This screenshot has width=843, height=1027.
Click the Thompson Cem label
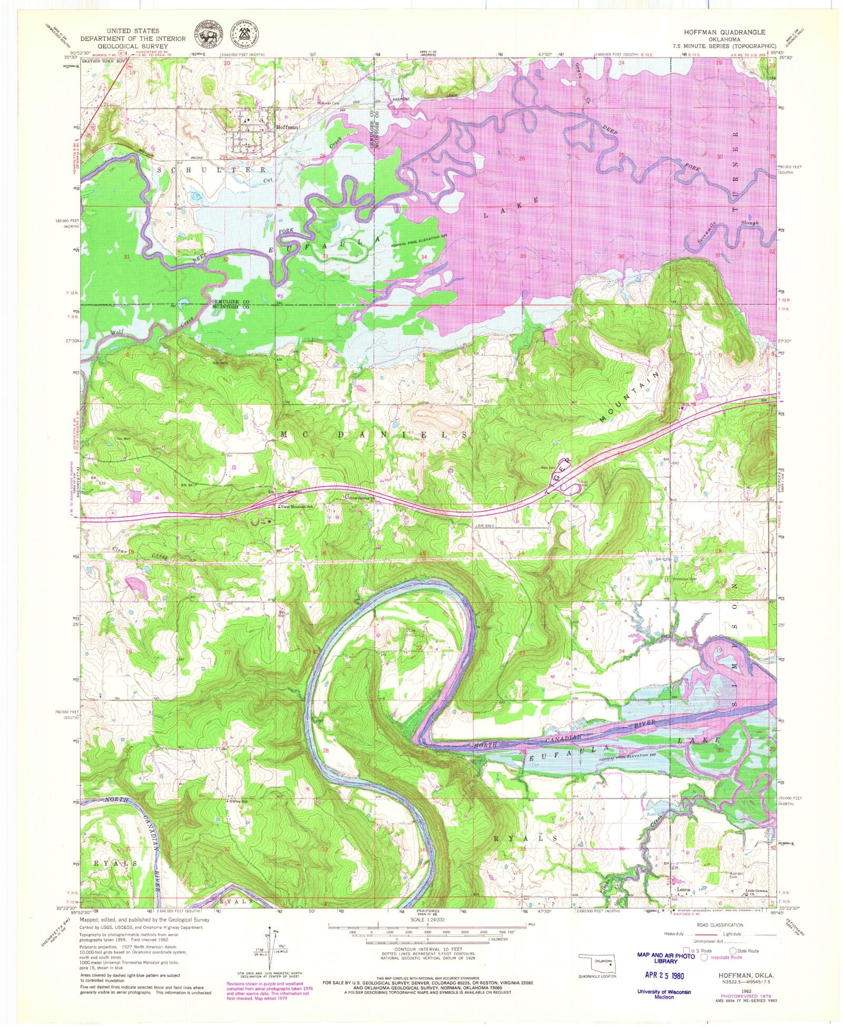(x=684, y=578)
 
